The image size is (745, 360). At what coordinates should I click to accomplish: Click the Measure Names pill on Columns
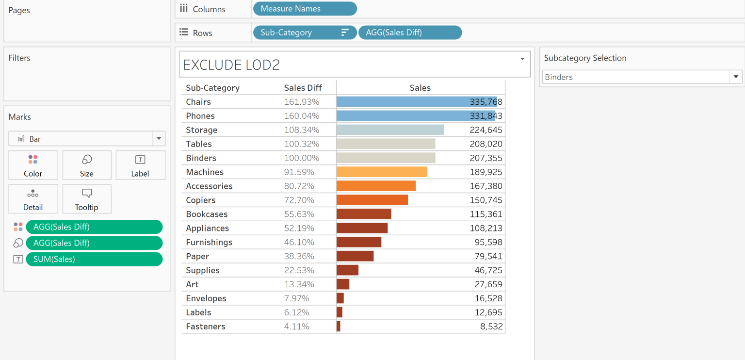coord(304,9)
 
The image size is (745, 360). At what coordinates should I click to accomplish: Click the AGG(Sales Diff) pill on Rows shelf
coord(410,33)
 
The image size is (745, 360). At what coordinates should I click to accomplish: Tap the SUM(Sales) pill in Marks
coord(94,259)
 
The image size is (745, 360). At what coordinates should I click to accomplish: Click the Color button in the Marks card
coord(33,165)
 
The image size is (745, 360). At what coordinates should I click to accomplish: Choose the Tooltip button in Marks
coord(86,199)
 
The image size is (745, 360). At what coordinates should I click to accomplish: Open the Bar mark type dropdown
coord(87,139)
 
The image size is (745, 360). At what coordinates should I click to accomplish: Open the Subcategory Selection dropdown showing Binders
coord(641,77)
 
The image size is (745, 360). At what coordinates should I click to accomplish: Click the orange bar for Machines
coord(381,172)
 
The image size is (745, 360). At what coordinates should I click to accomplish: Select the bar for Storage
coord(389,130)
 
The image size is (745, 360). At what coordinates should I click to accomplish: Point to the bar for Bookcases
coord(363,214)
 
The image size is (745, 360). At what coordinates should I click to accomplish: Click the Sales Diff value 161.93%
coord(301,102)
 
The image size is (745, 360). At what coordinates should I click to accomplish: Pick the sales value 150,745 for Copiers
coord(486,200)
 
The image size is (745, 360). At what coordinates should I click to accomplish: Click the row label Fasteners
coord(206,327)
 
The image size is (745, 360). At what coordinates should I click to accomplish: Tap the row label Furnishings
coord(209,242)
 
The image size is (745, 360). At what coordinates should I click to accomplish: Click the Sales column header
coord(420,88)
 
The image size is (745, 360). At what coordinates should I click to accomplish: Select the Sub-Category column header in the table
coord(212,88)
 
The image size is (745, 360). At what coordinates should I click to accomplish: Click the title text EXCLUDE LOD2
coord(231,65)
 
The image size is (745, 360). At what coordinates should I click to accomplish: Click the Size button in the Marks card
coord(86,165)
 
